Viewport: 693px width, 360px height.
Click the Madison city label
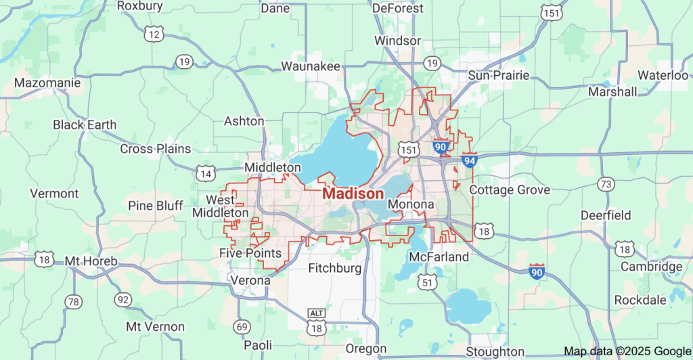[353, 194]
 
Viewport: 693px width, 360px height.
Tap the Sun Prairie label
[500, 75]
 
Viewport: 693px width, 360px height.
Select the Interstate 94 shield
[470, 160]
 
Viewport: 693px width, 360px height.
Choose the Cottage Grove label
[510, 190]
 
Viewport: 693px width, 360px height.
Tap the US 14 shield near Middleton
[206, 173]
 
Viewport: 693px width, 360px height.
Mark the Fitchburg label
[336, 268]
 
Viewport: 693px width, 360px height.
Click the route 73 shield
[606, 184]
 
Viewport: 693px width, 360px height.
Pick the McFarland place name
[439, 257]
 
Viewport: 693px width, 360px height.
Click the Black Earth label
[85, 125]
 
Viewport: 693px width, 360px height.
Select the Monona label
[411, 204]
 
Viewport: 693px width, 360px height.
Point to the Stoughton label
[495, 352]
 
